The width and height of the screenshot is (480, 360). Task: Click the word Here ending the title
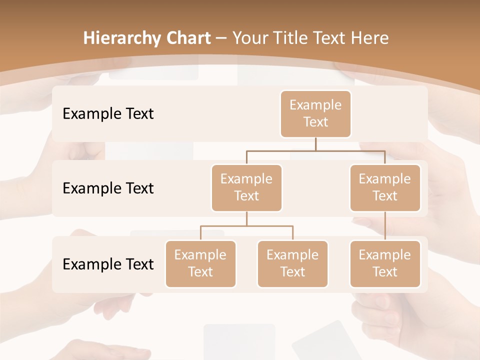pyautogui.click(x=370, y=38)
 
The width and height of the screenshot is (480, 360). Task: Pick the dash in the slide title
pyautogui.click(x=221, y=38)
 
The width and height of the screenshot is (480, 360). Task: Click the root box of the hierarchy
pyautogui.click(x=315, y=113)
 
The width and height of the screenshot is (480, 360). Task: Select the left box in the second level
pyautogui.click(x=246, y=187)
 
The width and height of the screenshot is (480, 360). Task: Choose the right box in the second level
pyautogui.click(x=385, y=187)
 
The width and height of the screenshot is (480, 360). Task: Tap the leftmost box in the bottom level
pyautogui.click(x=200, y=263)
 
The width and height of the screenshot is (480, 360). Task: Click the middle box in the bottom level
pyautogui.click(x=292, y=263)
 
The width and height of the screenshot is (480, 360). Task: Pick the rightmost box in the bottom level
pyautogui.click(x=385, y=263)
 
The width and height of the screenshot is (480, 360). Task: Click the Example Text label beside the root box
pyautogui.click(x=108, y=113)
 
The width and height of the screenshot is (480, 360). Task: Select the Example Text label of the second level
pyautogui.click(x=108, y=188)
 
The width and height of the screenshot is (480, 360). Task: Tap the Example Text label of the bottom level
pyautogui.click(x=108, y=264)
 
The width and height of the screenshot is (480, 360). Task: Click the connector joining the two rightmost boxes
pyautogui.click(x=385, y=226)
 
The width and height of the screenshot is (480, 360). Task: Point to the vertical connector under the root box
pyautogui.click(x=315, y=144)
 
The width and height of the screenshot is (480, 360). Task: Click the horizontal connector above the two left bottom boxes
pyautogui.click(x=246, y=226)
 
